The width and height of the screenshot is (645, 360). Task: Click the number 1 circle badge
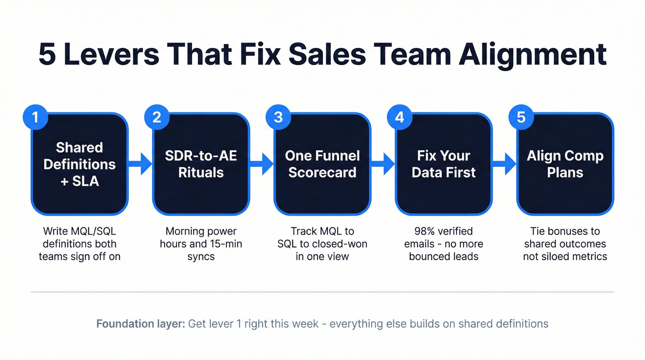pyautogui.click(x=35, y=117)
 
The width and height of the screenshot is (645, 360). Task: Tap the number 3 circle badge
pyautogui.click(x=278, y=117)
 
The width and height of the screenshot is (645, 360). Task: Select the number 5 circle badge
pyautogui.click(x=521, y=117)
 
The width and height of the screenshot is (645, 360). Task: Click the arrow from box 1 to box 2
pyautogui.click(x=140, y=164)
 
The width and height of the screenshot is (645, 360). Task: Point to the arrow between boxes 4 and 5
pyautogui.click(x=504, y=164)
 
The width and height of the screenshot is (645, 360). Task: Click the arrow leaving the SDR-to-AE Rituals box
pyautogui.click(x=262, y=164)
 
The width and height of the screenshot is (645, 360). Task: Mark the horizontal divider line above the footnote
pyautogui.click(x=322, y=292)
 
